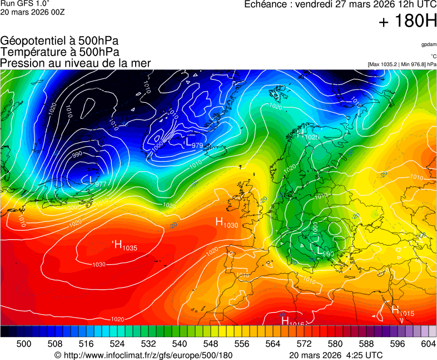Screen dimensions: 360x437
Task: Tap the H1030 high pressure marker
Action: [226, 223]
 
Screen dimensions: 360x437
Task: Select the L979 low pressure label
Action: [193, 144]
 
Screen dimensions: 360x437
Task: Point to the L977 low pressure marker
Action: [97, 182]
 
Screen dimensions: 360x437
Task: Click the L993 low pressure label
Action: [326, 251]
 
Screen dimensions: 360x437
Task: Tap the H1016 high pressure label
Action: [293, 322]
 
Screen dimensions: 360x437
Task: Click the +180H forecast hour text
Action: [407, 22]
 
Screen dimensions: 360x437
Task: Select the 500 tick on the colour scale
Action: [24, 344]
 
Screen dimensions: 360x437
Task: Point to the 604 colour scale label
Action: [428, 344]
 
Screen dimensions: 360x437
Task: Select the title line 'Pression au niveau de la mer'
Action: [76, 63]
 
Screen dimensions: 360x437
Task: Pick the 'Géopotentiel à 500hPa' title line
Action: [59, 41]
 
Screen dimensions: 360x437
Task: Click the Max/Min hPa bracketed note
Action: [402, 64]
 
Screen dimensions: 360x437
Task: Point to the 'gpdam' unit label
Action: [429, 44]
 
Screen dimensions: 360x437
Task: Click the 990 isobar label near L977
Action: [77, 154]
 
